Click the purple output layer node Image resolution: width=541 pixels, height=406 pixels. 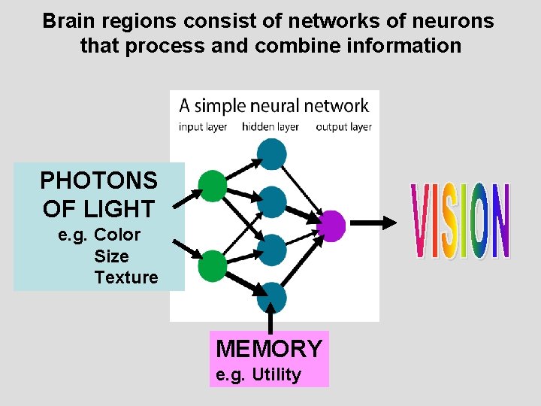(x=332, y=225)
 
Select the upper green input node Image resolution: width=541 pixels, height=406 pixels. (x=212, y=186)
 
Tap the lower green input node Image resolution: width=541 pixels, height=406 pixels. (x=212, y=266)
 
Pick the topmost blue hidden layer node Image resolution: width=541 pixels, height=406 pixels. (x=271, y=153)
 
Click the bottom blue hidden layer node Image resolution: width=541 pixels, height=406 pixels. (x=271, y=298)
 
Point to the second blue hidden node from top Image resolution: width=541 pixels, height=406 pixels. (x=271, y=201)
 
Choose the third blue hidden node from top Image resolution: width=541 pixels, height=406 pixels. (x=271, y=250)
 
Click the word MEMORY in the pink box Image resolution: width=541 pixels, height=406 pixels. (x=269, y=349)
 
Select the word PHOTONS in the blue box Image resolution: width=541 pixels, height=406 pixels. (x=98, y=180)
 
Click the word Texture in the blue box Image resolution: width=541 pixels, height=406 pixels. (x=126, y=277)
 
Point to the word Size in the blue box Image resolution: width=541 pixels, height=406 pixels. (x=111, y=256)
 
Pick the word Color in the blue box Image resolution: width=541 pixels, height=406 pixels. (x=117, y=235)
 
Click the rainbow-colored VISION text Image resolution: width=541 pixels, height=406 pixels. (x=461, y=222)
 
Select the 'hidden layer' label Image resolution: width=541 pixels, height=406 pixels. (x=270, y=127)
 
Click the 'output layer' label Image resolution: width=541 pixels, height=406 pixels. (x=343, y=127)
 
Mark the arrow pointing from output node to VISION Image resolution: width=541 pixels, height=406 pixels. (x=373, y=223)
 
